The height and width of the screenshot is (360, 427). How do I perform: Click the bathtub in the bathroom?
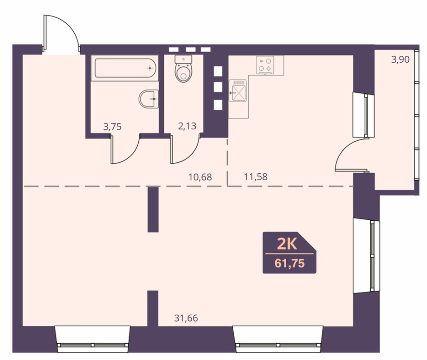pos(125,68)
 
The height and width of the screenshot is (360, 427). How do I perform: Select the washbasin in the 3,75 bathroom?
pos(149,99)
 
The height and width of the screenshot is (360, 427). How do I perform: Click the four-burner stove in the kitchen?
pos(265,65)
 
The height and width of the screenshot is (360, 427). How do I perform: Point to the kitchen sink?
pos(238,91)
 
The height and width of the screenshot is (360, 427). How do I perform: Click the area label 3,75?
pos(112,127)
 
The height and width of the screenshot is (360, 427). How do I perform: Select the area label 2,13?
pos(187,126)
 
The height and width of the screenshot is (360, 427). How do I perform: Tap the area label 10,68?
pos(200,177)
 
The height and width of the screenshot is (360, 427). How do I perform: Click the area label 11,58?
pos(256,177)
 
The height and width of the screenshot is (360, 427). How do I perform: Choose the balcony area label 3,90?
pos(400,59)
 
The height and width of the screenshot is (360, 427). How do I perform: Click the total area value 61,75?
pos(290,263)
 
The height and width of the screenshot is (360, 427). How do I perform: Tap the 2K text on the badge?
pos(287,244)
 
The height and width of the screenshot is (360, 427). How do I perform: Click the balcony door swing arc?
pos(343,149)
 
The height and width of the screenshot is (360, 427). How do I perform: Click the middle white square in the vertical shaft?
pos(218,87)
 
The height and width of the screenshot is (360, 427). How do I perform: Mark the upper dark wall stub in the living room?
pos(153,210)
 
